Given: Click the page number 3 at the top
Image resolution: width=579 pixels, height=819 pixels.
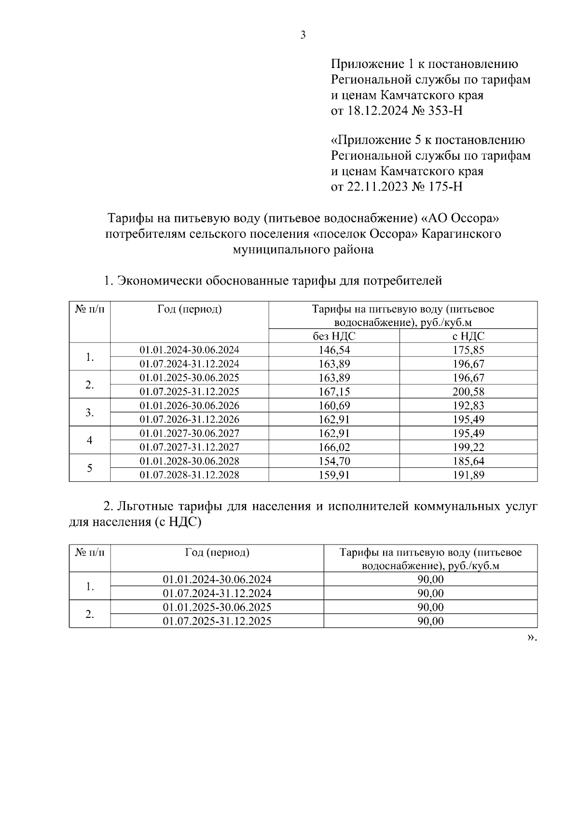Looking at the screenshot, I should pos(303,35).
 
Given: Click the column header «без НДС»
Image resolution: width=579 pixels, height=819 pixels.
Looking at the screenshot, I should pos(334,336).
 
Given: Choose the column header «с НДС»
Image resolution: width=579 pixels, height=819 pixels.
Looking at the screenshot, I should pos(468,336).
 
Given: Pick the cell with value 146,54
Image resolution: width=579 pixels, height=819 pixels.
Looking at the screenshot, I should pos(334,350).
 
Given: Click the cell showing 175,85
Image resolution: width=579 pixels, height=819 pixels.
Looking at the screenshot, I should pos(468,350).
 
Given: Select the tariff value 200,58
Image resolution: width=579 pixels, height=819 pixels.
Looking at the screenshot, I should pos(468,392).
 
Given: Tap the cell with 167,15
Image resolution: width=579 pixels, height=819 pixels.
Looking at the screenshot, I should pos(334,392).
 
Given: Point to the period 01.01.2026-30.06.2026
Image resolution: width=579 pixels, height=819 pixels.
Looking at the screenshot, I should pos(189,405).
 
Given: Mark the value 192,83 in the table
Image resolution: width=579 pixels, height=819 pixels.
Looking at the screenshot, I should pos(468,406).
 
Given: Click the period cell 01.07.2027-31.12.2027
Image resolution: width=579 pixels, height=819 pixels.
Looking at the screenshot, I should pos(189,447).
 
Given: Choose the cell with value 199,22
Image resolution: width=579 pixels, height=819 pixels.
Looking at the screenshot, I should pos(468,447).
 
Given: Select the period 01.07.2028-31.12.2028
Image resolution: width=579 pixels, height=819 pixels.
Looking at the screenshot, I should pos(189,475).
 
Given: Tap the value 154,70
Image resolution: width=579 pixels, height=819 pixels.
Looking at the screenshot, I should pos(334,461).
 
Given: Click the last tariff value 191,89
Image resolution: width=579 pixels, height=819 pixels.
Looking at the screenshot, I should pos(468,475).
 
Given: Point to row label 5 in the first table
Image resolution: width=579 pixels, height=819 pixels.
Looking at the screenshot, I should pos(90,468).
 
